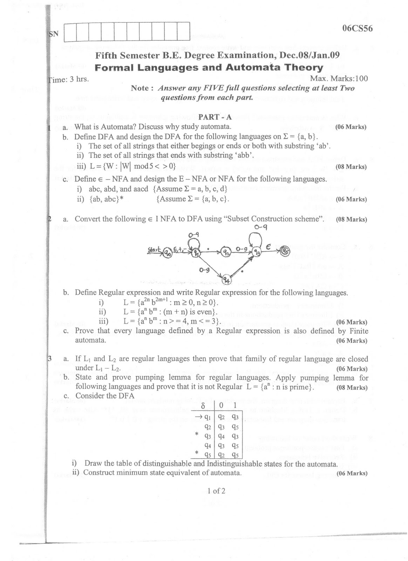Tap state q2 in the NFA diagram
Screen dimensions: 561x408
[225, 251]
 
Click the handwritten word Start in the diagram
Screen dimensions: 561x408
[154, 249]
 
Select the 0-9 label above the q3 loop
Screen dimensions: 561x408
[260, 227]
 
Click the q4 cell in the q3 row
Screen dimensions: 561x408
[221, 436]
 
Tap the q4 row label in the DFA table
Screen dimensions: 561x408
[207, 446]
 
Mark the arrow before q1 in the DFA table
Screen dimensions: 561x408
[198, 417]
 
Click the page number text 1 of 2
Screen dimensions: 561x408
[216, 491]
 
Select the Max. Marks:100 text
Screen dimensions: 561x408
[339, 78]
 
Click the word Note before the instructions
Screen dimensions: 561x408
[140, 88]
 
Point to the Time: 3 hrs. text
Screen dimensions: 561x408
[68, 79]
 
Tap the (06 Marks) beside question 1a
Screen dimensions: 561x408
[351, 127]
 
